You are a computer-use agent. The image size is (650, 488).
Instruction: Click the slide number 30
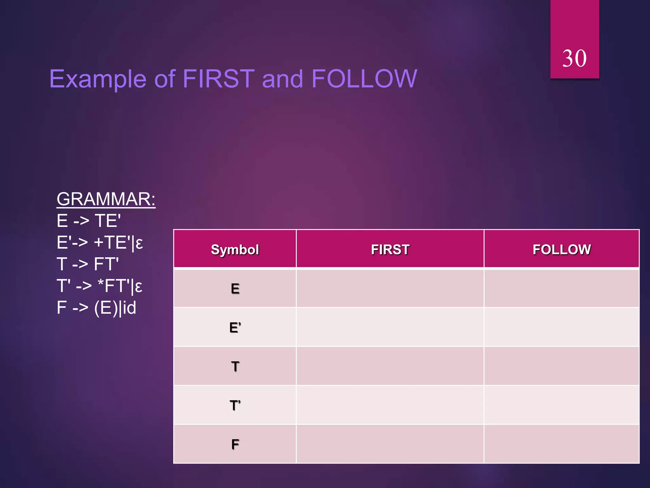coord(574,58)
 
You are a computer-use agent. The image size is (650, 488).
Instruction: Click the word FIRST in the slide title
coord(219,79)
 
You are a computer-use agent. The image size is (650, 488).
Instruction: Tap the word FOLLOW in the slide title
coord(364,79)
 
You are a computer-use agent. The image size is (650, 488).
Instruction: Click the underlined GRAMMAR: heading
coord(106,199)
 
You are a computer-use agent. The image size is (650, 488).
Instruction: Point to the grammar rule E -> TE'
coord(89,221)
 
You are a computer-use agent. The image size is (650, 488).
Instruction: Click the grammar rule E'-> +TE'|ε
coord(100,243)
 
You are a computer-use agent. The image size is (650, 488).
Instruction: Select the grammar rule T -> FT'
coord(88,264)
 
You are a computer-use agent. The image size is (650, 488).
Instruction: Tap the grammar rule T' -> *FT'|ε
coord(99,286)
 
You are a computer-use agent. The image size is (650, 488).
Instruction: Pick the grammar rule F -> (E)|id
coord(96,308)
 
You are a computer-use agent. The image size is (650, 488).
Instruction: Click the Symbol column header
coord(235,250)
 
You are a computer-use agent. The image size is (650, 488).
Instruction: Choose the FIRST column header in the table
coord(390,250)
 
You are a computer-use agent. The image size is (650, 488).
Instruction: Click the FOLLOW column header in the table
coord(561,250)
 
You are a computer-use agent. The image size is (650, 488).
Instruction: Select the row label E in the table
coord(235,289)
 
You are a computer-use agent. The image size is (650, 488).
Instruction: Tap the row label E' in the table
coord(235,328)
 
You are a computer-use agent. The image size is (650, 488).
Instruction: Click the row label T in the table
coord(235,367)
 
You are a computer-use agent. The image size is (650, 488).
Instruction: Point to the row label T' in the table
coord(235,406)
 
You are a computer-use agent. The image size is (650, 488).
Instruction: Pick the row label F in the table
coord(235,444)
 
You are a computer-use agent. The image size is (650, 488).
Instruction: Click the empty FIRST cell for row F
coord(390,444)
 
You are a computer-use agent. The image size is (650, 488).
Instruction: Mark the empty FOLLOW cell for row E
coord(561,288)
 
